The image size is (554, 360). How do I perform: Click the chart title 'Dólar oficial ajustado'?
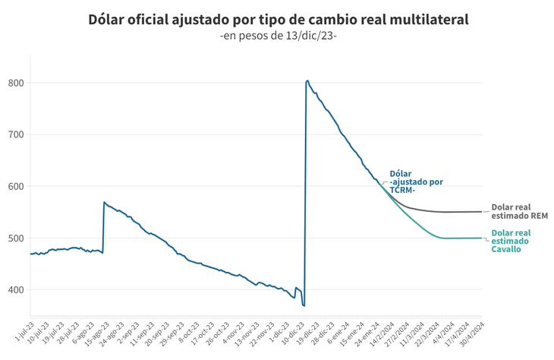pyautogui.click(x=277, y=19)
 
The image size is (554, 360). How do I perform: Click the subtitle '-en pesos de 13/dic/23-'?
pyautogui.click(x=277, y=36)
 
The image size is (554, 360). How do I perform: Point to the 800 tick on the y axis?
pyautogui.click(x=16, y=83)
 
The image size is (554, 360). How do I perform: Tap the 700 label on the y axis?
pyautogui.click(x=16, y=134)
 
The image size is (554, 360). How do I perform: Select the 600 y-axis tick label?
pyautogui.click(x=16, y=186)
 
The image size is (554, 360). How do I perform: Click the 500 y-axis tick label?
pyautogui.click(x=16, y=238)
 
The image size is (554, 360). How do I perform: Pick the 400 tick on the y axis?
pyautogui.click(x=16, y=289)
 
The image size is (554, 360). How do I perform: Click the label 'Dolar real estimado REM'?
pyautogui.click(x=520, y=210)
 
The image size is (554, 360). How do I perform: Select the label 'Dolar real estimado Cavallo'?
pyautogui.click(x=510, y=241)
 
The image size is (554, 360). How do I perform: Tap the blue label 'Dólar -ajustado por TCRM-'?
pyautogui.click(x=416, y=182)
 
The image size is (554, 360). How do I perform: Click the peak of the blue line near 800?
pyautogui.click(x=307, y=81)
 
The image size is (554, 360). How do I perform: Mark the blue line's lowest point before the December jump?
pyautogui.click(x=304, y=305)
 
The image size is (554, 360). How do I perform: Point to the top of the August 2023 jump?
pyautogui.click(x=104, y=202)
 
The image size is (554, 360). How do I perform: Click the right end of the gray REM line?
pyautogui.click(x=482, y=212)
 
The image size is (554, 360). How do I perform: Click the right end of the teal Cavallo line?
pyautogui.click(x=482, y=238)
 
